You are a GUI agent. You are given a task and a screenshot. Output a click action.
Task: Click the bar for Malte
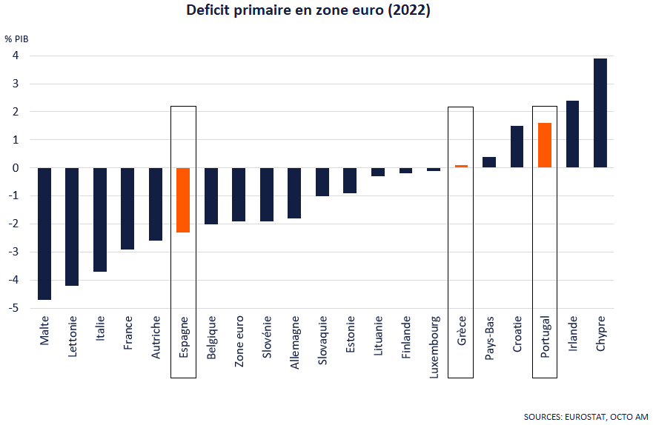coord(44,233)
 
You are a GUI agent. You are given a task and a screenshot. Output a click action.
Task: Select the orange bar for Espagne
coord(183,200)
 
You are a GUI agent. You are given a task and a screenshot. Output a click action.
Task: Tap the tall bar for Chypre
coord(600,113)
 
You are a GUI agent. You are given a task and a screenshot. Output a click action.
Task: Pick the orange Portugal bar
coord(545,145)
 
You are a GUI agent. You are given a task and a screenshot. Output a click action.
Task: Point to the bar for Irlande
coord(572,134)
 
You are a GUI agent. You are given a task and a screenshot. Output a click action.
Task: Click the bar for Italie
coord(100,219)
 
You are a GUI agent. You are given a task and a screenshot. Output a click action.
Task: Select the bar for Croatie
coord(517,147)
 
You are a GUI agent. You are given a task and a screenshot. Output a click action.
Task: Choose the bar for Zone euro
coord(239,194)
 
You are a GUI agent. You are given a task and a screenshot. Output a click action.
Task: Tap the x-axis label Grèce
coord(461,328)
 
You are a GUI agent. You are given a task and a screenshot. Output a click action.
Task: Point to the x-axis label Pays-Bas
coord(489,338)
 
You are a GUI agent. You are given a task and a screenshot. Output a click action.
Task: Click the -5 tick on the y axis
coord(13,308)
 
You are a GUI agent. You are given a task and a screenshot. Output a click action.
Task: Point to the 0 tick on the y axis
coord(15,168)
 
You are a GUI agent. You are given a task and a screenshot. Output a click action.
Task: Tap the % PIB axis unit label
coord(16,39)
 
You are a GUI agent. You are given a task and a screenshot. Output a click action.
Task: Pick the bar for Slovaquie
coord(322,181)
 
